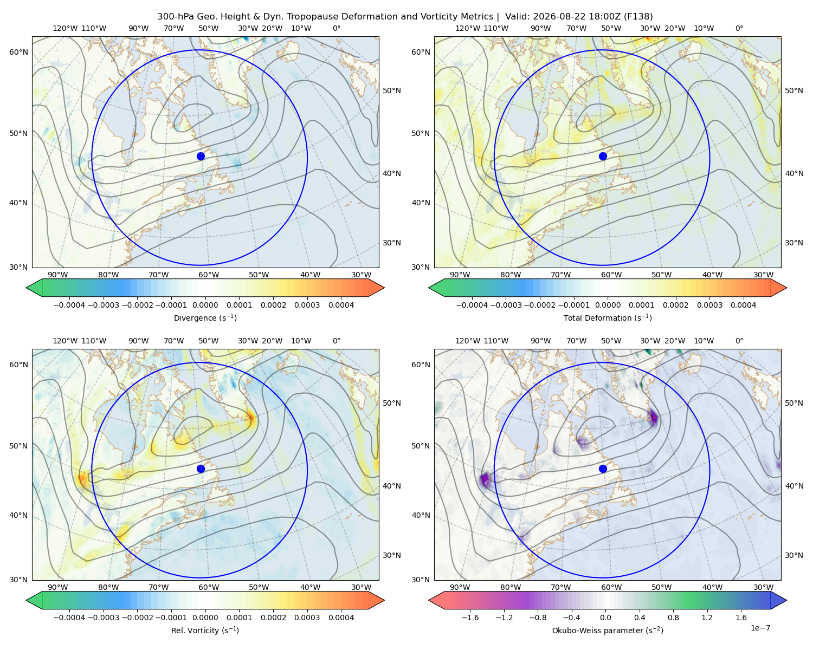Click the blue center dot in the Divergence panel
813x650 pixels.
coord(201,156)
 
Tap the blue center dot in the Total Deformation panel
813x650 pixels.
coord(603,156)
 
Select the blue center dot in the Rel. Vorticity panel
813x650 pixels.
coord(201,469)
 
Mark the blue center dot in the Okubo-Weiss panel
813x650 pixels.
coord(603,469)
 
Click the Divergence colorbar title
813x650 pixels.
coord(205,318)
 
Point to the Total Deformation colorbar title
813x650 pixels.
coord(608,318)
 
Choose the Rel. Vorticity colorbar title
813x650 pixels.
coord(205,630)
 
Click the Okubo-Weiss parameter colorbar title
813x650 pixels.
coord(608,630)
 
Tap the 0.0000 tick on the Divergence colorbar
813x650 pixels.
coord(205,305)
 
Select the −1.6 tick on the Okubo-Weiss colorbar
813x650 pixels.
coord(470,617)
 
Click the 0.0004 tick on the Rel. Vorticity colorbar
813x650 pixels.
coord(341,617)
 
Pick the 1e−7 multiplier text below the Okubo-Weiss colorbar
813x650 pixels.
coord(760,628)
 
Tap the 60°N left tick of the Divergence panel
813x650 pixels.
coord(18,52)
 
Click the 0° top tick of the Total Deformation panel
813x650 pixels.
coord(739,28)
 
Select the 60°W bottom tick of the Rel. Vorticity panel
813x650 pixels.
coord(209,587)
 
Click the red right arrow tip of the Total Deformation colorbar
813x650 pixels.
coord(786,288)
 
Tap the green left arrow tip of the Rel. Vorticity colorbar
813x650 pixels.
coord(27,600)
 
